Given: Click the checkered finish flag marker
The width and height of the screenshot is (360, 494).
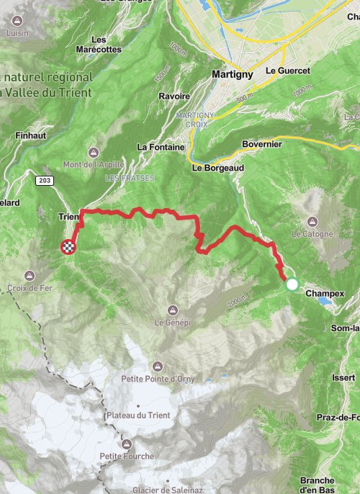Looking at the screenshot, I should pyautogui.click(x=68, y=247).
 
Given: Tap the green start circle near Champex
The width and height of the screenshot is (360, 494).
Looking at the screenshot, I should pyautogui.click(x=292, y=284).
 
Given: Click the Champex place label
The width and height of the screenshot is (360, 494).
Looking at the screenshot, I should pyautogui.click(x=325, y=294).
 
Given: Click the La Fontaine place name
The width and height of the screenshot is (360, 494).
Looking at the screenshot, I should pyautogui.click(x=157, y=147).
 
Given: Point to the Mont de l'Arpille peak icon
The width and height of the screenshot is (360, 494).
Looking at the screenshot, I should pyautogui.click(x=94, y=153).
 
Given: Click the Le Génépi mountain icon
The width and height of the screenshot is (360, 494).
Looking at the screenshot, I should pyautogui.click(x=171, y=310).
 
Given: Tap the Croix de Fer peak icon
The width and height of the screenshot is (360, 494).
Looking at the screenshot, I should pyautogui.click(x=30, y=276).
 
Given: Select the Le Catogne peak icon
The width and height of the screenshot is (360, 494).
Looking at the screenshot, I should pyautogui.click(x=312, y=221).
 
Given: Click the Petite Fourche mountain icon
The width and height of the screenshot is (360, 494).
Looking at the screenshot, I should pyautogui.click(x=127, y=444).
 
